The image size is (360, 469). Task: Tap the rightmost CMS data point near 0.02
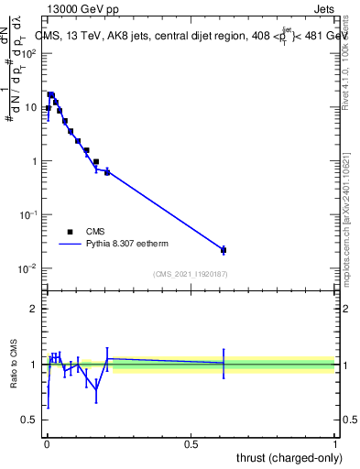pos(224,250)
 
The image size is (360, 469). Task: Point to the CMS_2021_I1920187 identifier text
pos(191,273)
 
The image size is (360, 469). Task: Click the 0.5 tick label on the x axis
pos(191,444)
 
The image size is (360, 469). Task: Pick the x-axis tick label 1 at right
pos(335,444)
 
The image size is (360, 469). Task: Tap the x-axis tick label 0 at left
pos(47,444)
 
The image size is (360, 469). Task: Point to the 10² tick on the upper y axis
pos(31,53)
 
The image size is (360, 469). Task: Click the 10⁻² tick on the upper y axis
pos(31,268)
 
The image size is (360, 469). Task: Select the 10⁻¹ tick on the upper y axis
pos(31,214)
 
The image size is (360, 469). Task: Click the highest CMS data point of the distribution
pos(51,94)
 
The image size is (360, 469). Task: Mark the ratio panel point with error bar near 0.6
pos(224,363)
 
